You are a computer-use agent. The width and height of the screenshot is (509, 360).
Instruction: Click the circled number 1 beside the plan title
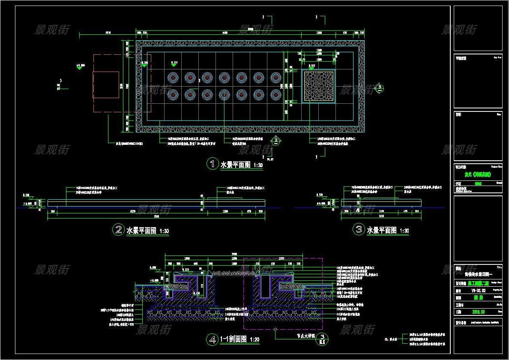[212, 164]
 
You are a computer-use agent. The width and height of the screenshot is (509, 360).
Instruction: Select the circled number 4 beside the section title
[212, 339]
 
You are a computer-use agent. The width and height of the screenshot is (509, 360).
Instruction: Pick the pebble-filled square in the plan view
[318, 86]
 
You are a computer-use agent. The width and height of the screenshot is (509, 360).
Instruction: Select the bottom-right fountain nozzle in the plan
[275, 94]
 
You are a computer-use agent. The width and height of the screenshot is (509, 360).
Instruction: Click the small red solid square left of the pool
[106, 85]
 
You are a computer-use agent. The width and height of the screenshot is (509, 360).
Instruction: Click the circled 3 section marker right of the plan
[380, 88]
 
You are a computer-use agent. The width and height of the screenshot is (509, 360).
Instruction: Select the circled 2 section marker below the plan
[276, 140]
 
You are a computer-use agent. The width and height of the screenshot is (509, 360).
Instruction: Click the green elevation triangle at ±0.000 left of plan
[79, 68]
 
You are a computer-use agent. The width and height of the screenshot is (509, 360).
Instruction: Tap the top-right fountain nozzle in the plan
[275, 78]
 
